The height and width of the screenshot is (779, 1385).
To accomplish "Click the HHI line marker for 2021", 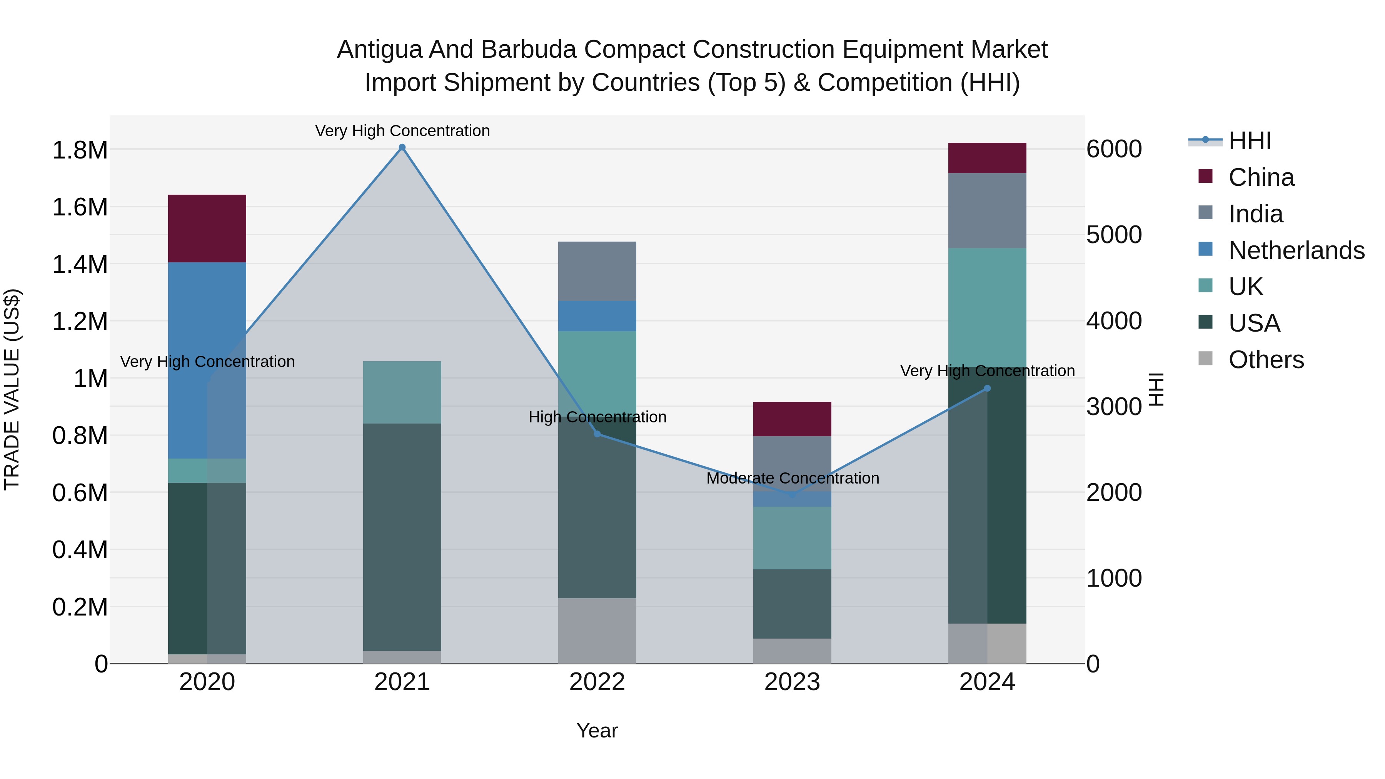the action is click(x=402, y=147).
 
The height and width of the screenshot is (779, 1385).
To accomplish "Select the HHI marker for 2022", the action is click(x=597, y=434).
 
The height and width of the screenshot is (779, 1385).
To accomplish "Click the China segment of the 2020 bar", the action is click(x=207, y=229).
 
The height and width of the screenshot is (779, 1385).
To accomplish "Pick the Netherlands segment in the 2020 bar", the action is click(x=207, y=360).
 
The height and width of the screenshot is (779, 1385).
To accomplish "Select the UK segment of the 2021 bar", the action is click(x=402, y=392).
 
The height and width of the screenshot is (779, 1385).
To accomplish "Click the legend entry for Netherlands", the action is click(x=1296, y=250).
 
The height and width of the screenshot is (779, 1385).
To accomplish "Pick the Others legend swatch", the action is click(x=1205, y=359).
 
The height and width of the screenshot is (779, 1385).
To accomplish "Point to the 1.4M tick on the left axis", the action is click(x=80, y=265).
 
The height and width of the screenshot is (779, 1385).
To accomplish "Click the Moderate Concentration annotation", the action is click(x=793, y=478).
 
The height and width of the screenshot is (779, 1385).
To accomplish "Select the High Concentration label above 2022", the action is click(x=597, y=417).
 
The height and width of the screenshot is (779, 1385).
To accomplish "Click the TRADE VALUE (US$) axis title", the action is click(x=12, y=389).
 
